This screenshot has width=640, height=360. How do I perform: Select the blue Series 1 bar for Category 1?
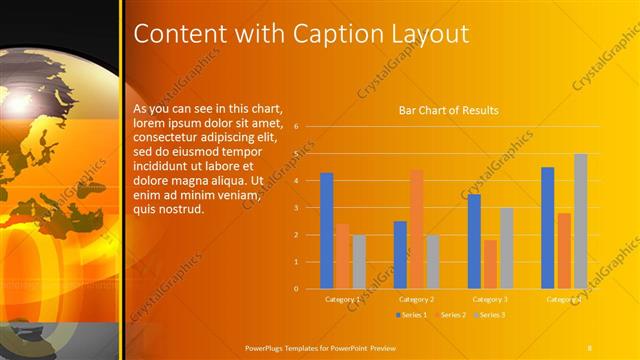(326, 230)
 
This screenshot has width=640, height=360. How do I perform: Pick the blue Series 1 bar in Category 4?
(547, 227)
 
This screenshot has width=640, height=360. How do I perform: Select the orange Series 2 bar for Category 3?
(490, 264)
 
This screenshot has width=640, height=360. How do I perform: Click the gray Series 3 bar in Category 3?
(507, 248)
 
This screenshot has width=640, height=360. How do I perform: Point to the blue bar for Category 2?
(400, 254)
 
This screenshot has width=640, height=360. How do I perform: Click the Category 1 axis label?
(343, 299)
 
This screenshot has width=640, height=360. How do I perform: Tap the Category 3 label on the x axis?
(490, 299)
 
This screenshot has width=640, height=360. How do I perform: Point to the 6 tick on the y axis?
(296, 127)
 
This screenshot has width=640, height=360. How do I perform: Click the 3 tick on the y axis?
(296, 208)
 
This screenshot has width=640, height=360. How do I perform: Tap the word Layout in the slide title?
(422, 33)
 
